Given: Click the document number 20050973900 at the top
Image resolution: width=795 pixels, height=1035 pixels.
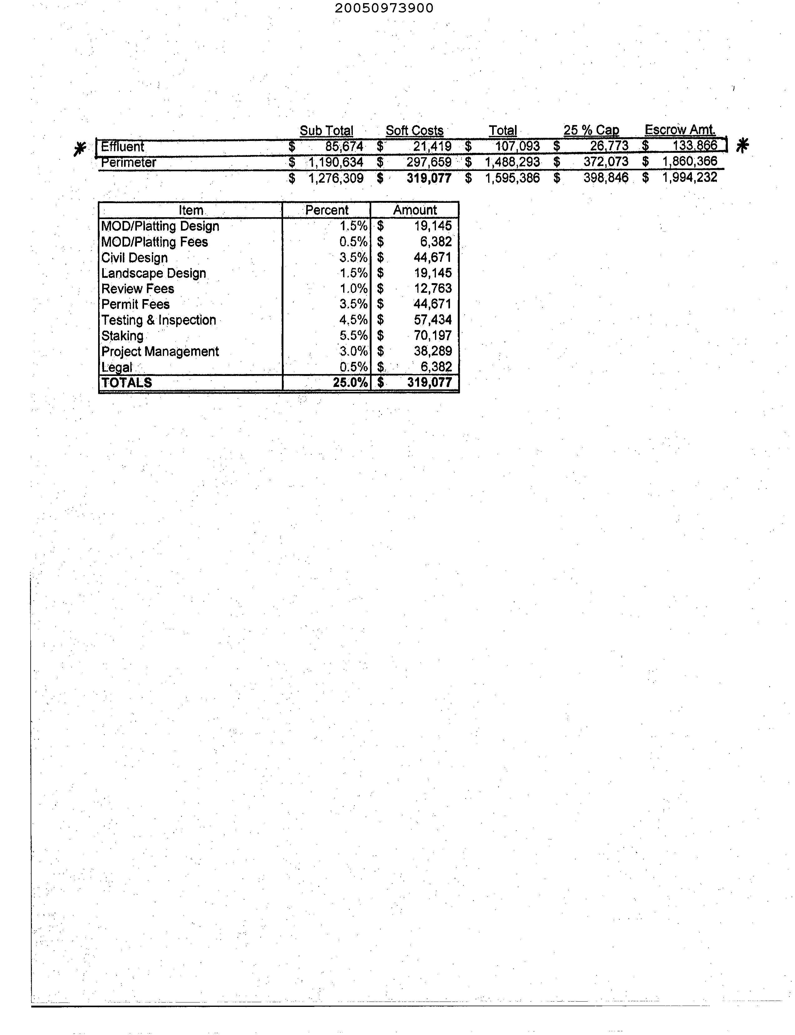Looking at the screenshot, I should point(384,8).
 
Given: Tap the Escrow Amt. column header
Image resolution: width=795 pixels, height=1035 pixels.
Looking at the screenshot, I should point(680,130).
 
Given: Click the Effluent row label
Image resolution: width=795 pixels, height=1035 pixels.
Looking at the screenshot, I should point(122,147).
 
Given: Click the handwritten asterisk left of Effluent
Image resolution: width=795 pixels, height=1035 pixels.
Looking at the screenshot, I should point(80,149).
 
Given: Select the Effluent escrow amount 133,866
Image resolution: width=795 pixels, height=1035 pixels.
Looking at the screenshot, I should point(695,145).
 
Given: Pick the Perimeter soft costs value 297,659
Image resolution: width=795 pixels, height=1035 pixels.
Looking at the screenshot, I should point(429,162).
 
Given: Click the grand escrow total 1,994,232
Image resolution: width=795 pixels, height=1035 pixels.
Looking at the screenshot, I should point(690,177).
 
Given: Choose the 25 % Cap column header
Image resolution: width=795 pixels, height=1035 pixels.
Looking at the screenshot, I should point(591,130).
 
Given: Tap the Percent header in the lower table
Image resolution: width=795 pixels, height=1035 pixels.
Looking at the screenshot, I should point(327,210).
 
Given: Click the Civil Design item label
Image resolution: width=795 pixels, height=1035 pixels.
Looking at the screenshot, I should point(134,257).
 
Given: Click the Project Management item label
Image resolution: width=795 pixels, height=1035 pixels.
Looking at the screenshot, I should point(160,351).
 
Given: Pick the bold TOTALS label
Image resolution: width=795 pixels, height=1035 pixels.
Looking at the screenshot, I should point(127,382).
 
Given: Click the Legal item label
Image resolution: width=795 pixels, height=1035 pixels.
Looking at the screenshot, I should point(117,367).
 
